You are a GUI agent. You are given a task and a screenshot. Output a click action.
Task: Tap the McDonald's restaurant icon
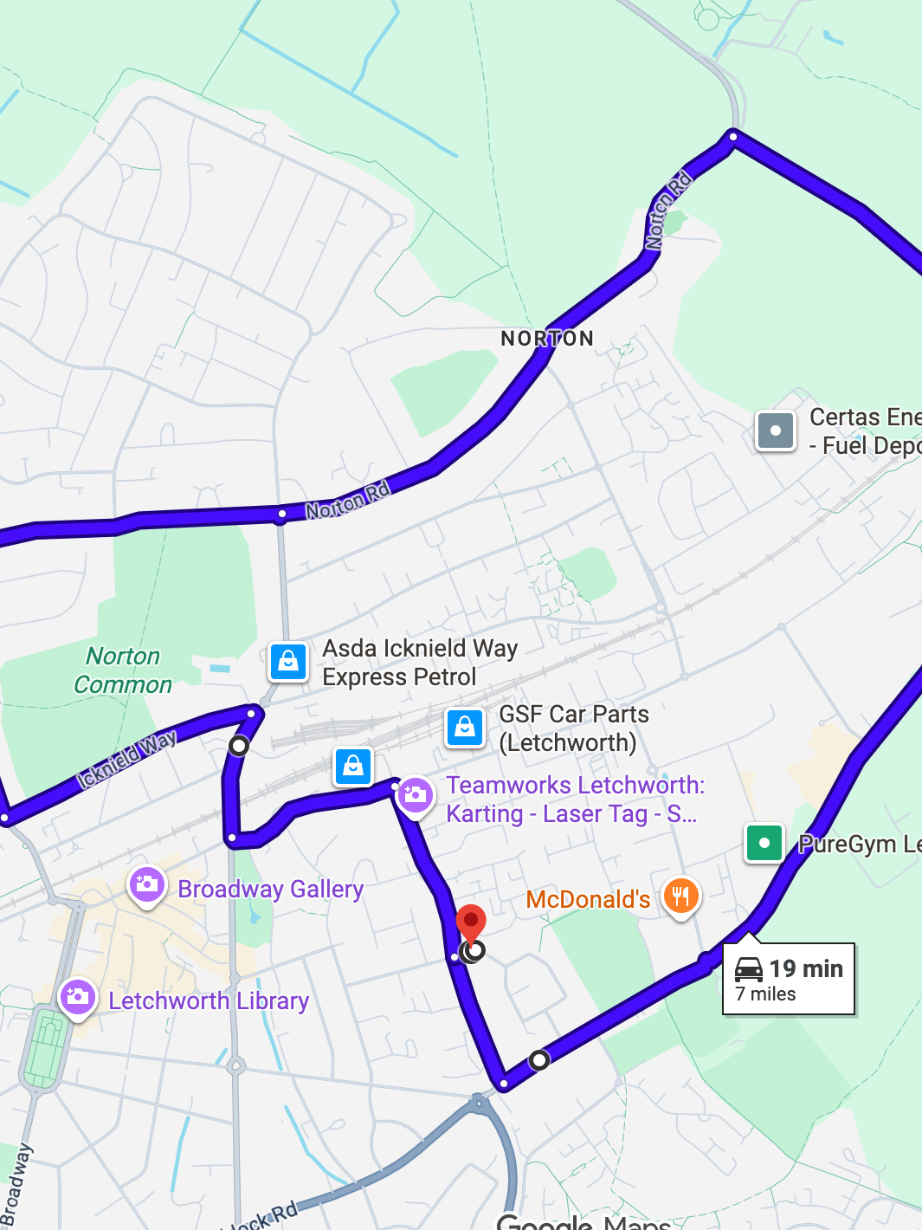pos(680,897)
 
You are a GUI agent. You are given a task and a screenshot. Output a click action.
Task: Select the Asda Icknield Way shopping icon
pos(288,662)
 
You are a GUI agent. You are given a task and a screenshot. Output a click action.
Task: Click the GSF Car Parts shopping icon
pos(465,728)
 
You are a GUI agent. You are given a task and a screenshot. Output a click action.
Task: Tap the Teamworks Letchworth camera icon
pos(416,795)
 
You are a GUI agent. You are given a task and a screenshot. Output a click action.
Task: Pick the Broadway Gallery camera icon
pos(147,885)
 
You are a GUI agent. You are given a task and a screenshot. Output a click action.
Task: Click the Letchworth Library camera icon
pos(78,997)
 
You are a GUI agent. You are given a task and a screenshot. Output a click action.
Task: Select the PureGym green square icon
pos(764,843)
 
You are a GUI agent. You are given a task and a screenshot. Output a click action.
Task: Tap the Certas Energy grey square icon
pos(776,430)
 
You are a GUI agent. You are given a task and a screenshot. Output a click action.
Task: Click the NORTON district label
pos(547,339)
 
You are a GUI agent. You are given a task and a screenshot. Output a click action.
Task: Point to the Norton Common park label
pos(123,670)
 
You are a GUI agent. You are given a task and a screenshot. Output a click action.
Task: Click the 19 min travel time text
pos(806,968)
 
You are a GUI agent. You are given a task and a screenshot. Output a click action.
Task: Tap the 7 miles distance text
pos(765,994)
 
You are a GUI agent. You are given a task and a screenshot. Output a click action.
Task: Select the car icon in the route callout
pos(749,968)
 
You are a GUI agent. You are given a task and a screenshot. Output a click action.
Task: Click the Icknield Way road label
pos(126,759)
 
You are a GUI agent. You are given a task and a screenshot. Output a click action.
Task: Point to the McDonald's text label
pos(588,900)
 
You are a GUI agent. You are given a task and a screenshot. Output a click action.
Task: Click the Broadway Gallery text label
pos(270,890)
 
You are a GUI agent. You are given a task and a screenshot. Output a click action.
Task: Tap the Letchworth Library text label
pos(209,1001)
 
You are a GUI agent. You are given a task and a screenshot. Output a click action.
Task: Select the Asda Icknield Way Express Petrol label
pos(420,663)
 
